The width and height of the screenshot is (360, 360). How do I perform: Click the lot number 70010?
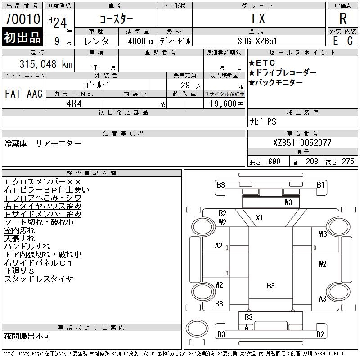22,19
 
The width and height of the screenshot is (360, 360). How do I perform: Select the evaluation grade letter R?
343,18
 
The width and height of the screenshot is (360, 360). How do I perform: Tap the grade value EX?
259,19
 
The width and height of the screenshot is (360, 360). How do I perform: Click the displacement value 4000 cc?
139,41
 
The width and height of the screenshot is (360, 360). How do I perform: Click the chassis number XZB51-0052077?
302,143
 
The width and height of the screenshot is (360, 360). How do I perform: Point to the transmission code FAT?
13,94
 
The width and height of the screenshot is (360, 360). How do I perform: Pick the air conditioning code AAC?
35,94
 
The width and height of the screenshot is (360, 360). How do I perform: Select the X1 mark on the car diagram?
259,218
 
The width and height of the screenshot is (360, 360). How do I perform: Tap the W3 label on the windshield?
288,202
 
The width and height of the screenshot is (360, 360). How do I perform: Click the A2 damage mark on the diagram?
219,246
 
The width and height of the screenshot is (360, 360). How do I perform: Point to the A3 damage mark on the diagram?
322,298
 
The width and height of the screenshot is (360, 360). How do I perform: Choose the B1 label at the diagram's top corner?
320,184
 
